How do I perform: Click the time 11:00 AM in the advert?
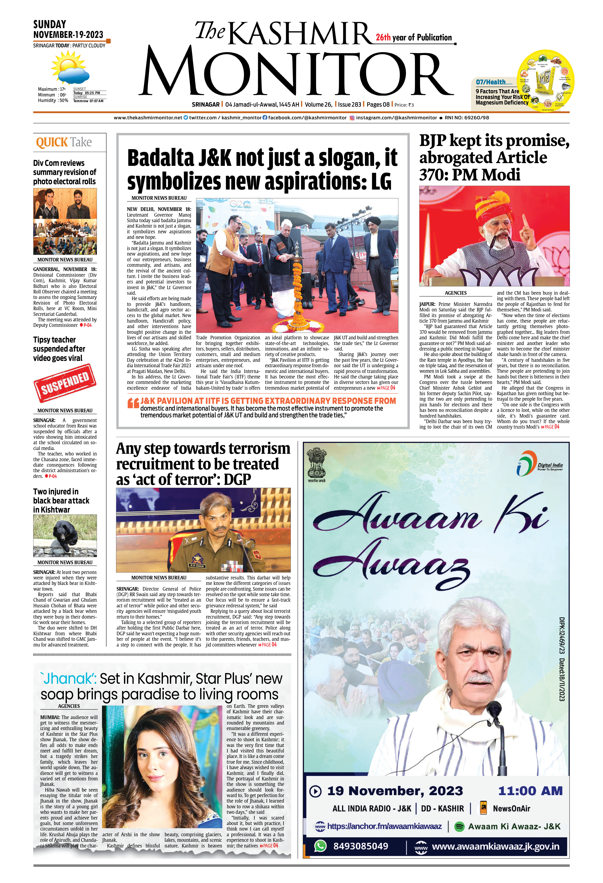click(x=530, y=791)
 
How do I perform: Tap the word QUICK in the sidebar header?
click(x=52, y=143)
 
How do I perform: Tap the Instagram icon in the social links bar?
click(x=352, y=118)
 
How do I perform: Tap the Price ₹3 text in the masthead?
click(x=404, y=105)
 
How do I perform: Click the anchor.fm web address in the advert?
click(x=384, y=826)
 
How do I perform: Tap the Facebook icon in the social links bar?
click(x=265, y=118)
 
